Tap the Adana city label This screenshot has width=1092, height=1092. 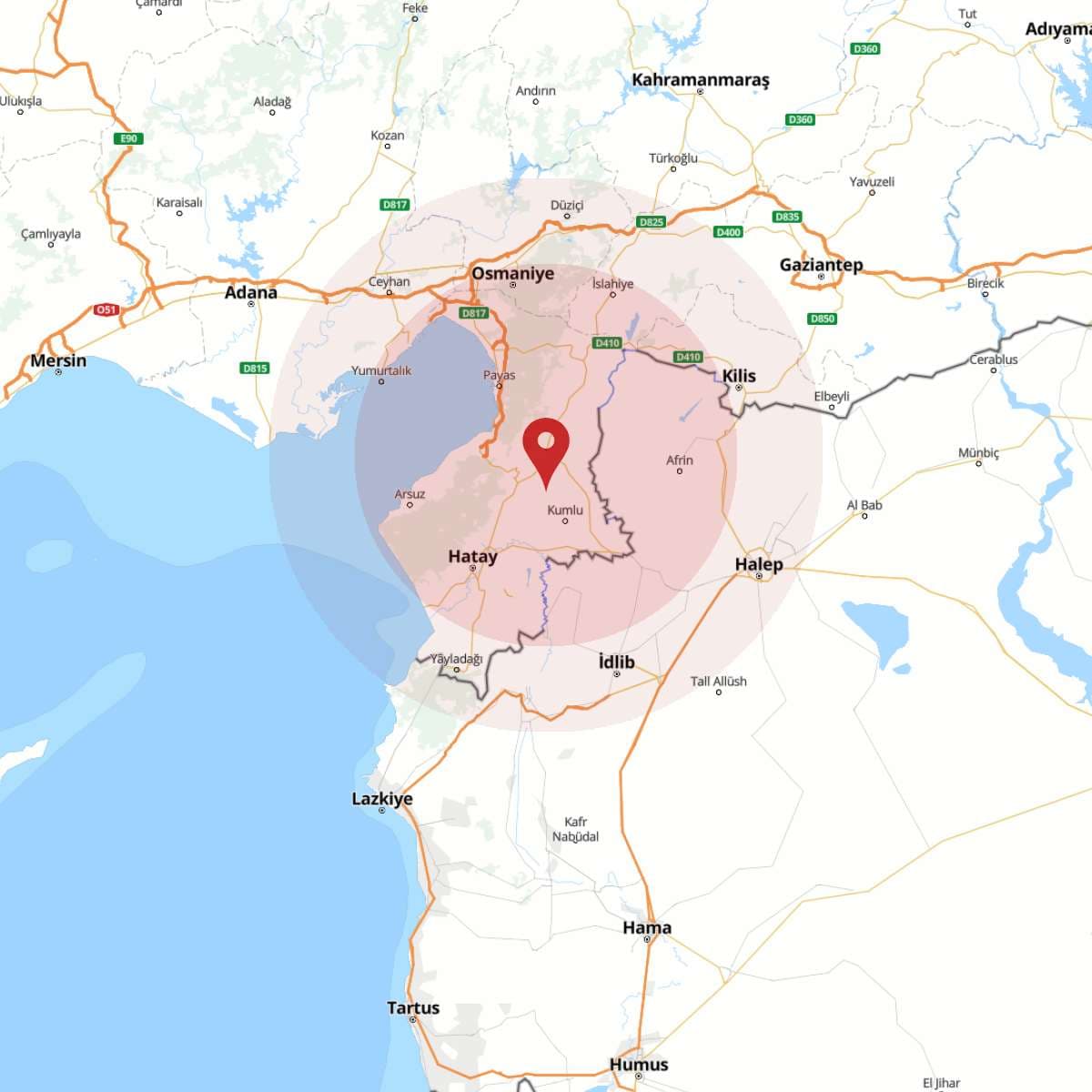pos(250,292)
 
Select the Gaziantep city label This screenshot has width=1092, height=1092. pos(821,265)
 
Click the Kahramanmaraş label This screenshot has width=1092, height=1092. pos(701,80)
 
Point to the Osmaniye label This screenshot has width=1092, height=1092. pos(512,273)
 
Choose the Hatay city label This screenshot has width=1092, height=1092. pos(472,556)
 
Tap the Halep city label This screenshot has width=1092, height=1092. pos(759,564)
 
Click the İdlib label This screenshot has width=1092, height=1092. pos(616,662)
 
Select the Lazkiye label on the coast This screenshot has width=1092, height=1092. pos(382,798)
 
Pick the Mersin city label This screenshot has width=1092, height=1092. pos(58,360)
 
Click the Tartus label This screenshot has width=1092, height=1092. pos(413,1007)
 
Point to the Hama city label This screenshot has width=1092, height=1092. pos(647,927)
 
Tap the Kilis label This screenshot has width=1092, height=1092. pos(739,375)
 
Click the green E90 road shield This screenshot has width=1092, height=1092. pos(129,138)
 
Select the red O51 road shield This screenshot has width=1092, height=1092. pos(106,310)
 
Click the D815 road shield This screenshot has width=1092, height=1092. pos(255,368)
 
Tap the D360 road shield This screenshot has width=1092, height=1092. pos(865,49)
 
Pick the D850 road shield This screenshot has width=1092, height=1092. pos(822,318)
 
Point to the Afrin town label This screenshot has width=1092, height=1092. pos(680,460)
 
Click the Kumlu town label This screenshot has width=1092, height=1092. pos(565,510)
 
